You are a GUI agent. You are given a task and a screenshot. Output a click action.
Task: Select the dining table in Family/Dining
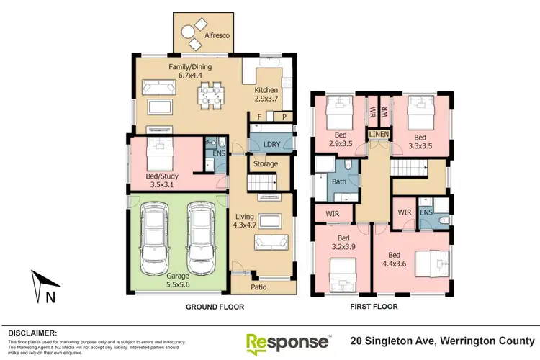tap(211, 93)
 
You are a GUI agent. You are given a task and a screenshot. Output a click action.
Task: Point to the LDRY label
tap(271, 145)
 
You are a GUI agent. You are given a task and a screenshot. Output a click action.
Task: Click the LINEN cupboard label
tap(379, 135)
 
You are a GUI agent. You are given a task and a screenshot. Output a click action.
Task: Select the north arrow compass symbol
tap(42, 287)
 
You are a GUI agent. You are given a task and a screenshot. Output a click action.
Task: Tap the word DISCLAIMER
tap(32, 333)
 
